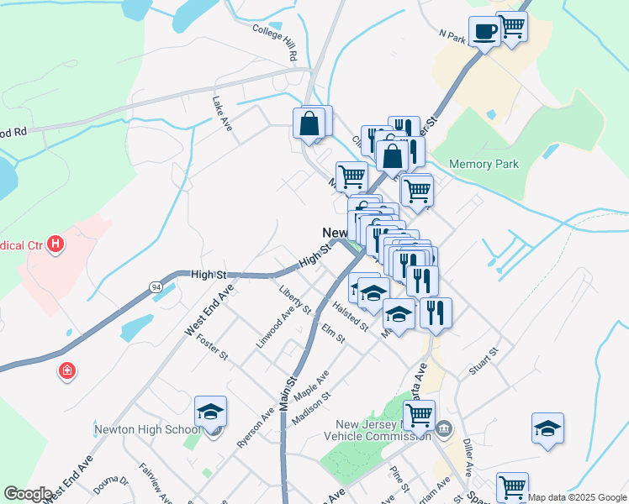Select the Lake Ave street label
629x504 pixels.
[x=222, y=113]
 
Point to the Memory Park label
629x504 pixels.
[x=484, y=165]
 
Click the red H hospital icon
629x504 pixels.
[x=55, y=244]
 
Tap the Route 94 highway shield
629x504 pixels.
[x=156, y=287]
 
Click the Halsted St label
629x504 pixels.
[x=350, y=316]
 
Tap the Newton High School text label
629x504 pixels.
[x=146, y=428]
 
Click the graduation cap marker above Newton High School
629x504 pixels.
[x=210, y=412]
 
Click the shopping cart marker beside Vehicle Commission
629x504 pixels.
[x=419, y=413]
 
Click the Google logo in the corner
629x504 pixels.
[x=28, y=493]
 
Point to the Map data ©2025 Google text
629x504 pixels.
[x=577, y=497]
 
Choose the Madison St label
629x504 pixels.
[x=308, y=407]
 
